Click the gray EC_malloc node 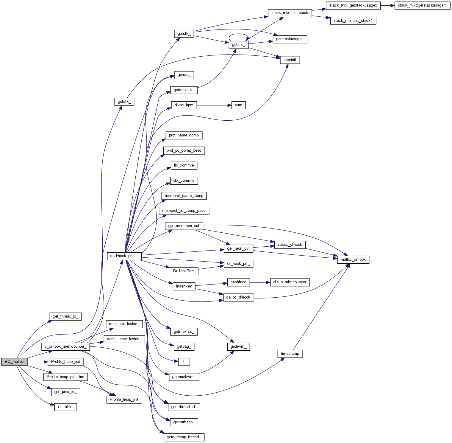coord(14,362)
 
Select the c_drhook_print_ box coord(124,256)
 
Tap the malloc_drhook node coord(353,259)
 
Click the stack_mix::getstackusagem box coord(422,5)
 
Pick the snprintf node coord(290,60)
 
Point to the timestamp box coord(290,354)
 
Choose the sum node coord(238,105)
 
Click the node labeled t coord(184,362)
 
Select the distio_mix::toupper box coord(290,282)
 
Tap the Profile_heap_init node coord(124,400)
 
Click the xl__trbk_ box coord(65,407)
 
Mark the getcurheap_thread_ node coord(184,437)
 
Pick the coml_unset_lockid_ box coord(124,339)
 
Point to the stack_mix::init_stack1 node coord(353,21)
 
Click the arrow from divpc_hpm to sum coord(214,105)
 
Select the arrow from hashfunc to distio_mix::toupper coord(260,282)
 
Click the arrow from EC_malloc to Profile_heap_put coord(37,362)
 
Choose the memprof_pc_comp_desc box coord(184,211)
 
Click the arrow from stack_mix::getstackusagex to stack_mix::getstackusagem coord(387,5)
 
